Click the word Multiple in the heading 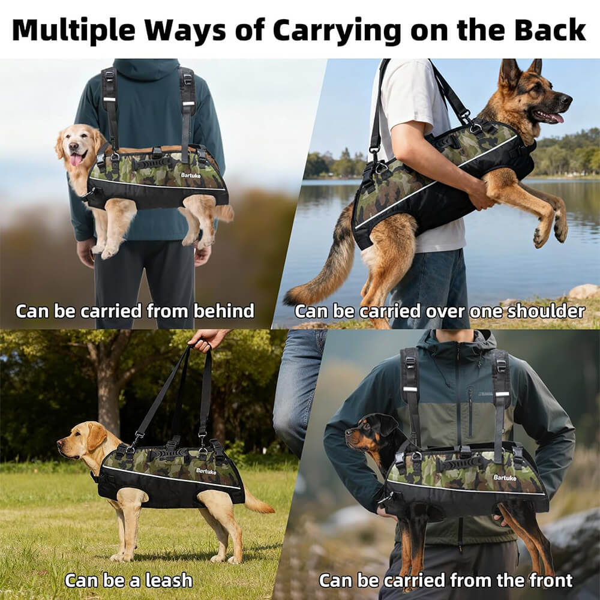pyautogui.click(x=73, y=31)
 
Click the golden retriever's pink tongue pyautogui.click(x=77, y=160)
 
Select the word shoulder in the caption pyautogui.click(x=547, y=311)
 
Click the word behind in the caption pyautogui.click(x=224, y=311)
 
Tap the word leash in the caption pyautogui.click(x=169, y=580)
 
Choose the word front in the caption pyautogui.click(x=551, y=580)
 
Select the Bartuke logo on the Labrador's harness pyautogui.click(x=206, y=471)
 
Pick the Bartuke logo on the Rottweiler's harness pyautogui.click(x=505, y=478)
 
